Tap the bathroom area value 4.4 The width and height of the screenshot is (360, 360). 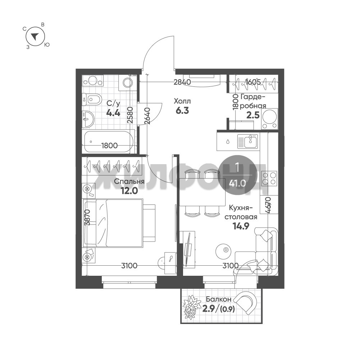(113, 113)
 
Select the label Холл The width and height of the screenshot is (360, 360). (182, 101)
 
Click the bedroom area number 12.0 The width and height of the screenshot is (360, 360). (129, 190)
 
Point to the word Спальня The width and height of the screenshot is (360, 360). (129, 181)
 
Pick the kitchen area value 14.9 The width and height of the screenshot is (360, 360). (241, 226)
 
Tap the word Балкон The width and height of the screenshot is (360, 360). (218, 299)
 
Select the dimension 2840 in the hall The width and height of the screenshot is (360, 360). (182, 82)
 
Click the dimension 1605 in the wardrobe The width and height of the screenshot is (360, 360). (253, 82)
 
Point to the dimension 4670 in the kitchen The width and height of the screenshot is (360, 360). (268, 206)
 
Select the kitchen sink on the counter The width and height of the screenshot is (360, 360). (247, 141)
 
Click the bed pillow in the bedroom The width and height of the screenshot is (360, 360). (101, 223)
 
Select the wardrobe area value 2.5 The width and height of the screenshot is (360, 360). (253, 115)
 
